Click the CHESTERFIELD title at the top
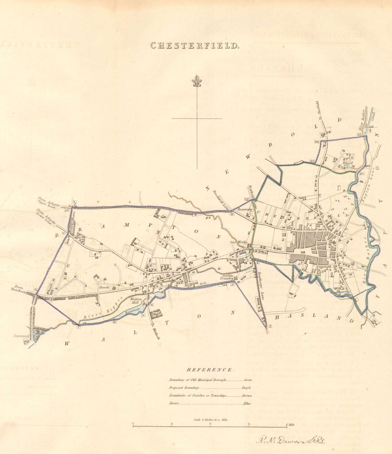pos(194,46)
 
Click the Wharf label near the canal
pos(347,163)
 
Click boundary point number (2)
pos(270,326)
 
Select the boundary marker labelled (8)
pos(35,290)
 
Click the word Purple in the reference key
pos(247,388)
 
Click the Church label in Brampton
pos(104,287)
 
